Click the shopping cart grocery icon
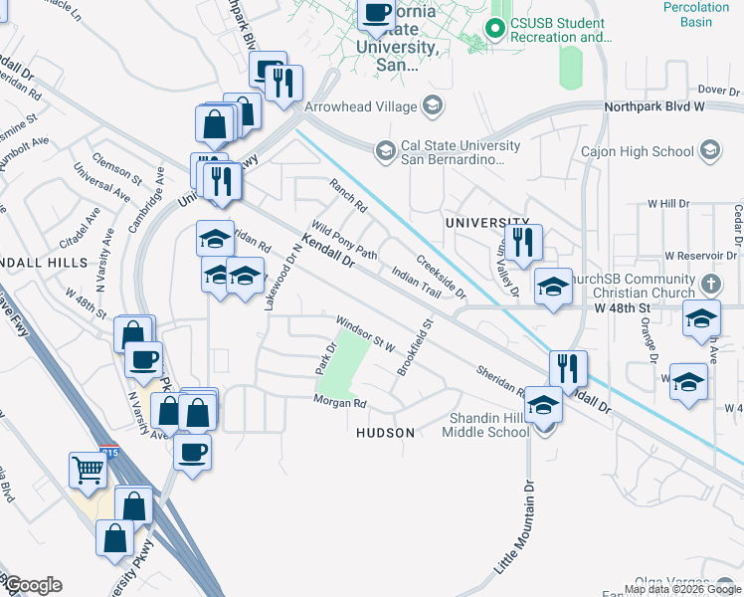tap(89, 470)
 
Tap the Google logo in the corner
tap(32, 585)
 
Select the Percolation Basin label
tap(696, 14)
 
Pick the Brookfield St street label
tap(416, 346)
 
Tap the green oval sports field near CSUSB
tap(570, 67)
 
